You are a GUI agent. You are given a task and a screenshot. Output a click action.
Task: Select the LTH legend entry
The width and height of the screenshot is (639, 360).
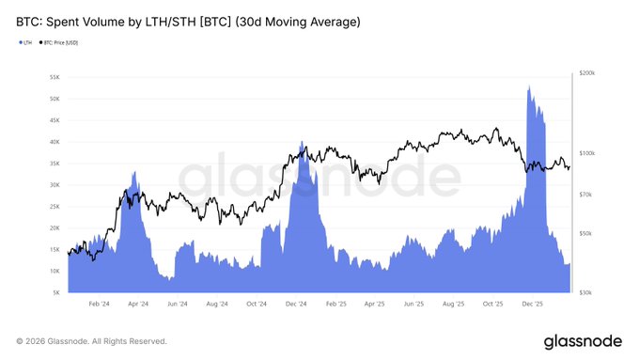pos(25,43)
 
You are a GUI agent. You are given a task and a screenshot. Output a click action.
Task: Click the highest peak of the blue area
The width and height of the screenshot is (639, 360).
pos(530,86)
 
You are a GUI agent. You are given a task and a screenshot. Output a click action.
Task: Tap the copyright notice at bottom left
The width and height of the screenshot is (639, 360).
pos(91,340)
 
